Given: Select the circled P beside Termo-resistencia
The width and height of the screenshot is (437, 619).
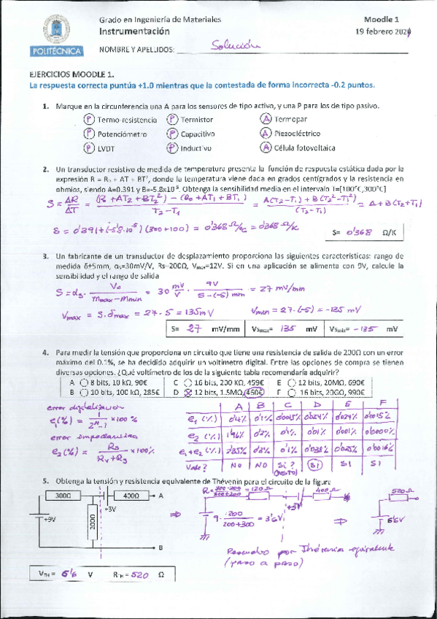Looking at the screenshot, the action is coord(88,119).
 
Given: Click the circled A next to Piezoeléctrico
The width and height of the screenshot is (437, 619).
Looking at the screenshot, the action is coord(266,134).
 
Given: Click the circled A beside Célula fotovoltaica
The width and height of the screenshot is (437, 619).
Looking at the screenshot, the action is coord(266,147).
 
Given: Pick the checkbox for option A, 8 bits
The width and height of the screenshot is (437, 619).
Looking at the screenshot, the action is coord(84,382).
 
